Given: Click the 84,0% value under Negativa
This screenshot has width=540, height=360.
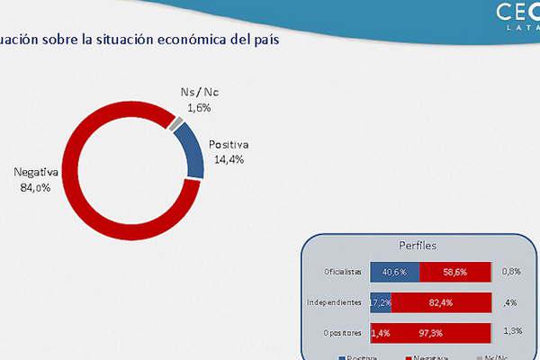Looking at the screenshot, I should pos(34,188).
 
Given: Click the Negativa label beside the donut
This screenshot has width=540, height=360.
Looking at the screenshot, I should pos(36,173).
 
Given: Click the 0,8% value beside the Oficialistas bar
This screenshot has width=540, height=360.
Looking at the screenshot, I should pos(512,271).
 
